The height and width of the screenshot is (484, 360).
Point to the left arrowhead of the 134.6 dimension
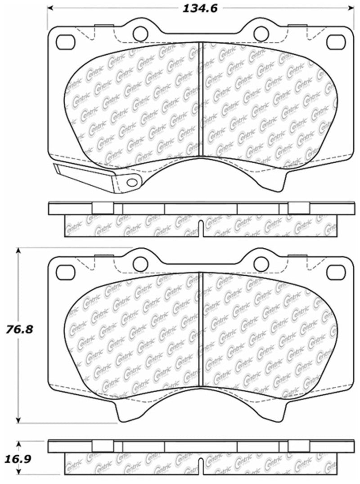(50, 8)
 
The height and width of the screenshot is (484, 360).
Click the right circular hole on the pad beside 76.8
(260, 262)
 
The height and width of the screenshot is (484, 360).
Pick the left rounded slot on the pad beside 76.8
(65, 271)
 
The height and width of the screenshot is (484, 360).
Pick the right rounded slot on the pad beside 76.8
(335, 271)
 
